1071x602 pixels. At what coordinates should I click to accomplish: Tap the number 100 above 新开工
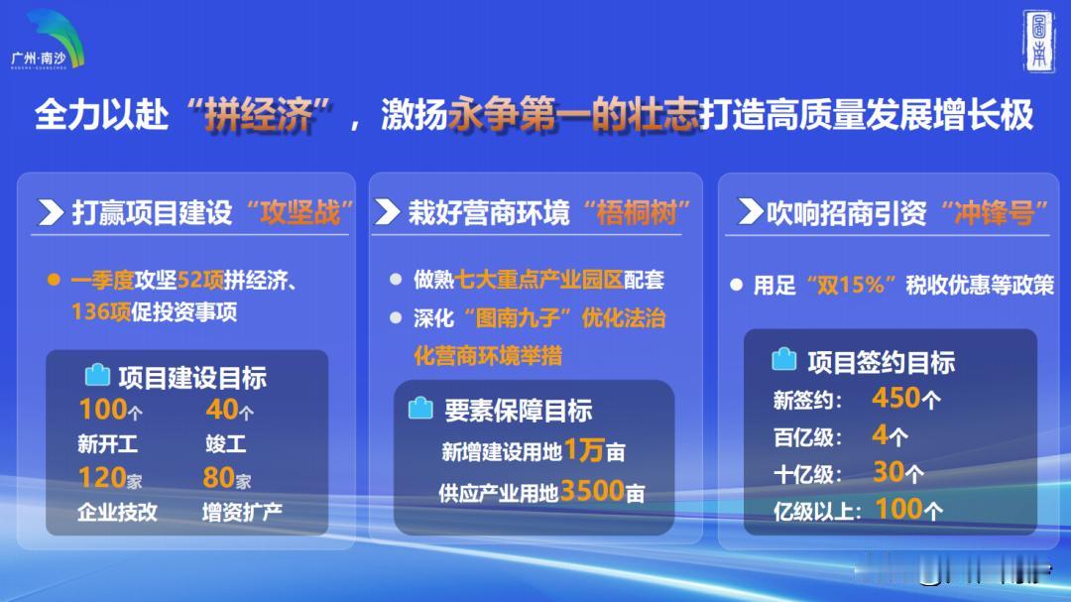[101, 410]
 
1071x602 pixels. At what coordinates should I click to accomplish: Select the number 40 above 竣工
[221, 410]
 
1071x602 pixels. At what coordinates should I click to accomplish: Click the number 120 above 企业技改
[101, 478]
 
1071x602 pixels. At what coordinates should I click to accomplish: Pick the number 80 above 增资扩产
[218, 478]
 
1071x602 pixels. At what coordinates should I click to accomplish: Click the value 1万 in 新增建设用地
[584, 450]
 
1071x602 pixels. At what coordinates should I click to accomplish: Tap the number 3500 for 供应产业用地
[591, 490]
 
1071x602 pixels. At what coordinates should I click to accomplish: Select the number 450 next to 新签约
[896, 399]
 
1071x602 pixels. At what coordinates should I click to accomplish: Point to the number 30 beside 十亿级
[889, 472]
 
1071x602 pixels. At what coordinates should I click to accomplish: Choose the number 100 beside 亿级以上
[898, 510]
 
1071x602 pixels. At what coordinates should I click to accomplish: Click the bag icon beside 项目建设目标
[97, 375]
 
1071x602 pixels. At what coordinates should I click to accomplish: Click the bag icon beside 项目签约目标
[783, 359]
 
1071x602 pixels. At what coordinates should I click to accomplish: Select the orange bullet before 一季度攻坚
[54, 281]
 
